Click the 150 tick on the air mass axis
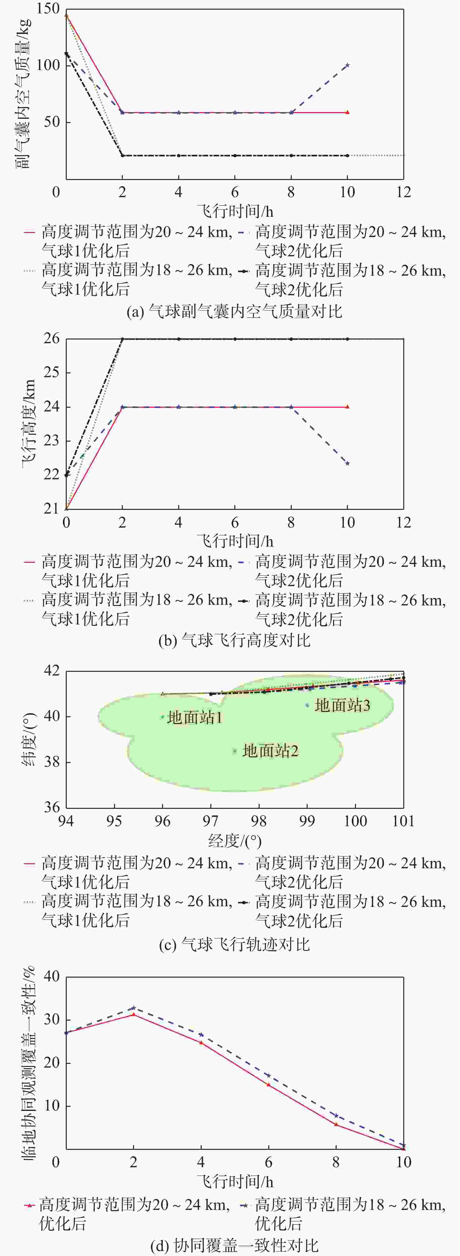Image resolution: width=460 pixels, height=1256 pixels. click(49, 9)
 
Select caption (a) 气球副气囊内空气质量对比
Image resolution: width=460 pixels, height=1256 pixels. click(234, 311)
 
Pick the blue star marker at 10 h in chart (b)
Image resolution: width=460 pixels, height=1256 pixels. click(347, 463)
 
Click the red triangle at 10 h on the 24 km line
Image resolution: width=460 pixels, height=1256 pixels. click(347, 407)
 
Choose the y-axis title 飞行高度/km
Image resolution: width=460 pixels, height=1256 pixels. click(28, 423)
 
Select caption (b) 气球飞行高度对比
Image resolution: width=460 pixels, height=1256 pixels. click(234, 640)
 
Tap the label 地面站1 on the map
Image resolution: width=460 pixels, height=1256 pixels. click(195, 718)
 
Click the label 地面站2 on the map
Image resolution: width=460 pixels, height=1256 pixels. click(270, 751)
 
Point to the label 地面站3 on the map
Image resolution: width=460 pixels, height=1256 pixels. click(343, 705)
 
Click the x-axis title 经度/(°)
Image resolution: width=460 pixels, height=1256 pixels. click(235, 841)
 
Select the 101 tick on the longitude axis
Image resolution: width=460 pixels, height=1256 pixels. click(403, 821)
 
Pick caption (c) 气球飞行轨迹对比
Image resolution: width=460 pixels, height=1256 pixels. click(234, 945)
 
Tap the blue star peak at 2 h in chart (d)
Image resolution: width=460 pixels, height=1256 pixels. click(134, 1008)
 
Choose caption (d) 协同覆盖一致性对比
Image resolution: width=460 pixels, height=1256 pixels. click(234, 1246)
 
